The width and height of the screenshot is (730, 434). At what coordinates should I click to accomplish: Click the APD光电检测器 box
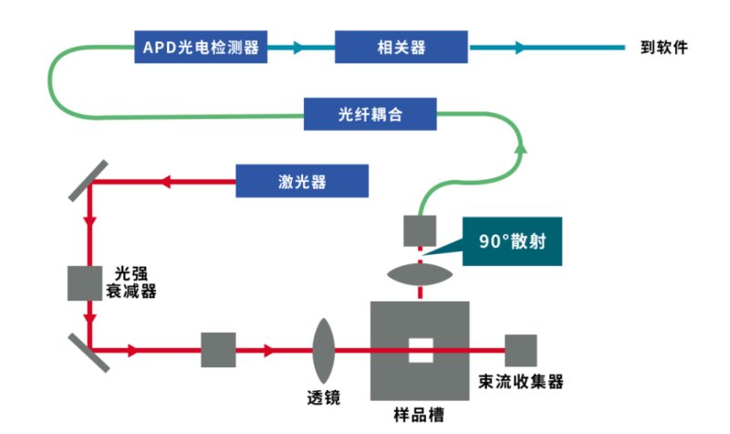(x=202, y=47)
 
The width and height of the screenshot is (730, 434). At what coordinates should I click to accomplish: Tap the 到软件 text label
(x=663, y=47)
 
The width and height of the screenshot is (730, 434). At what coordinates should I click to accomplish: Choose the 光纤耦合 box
(x=370, y=116)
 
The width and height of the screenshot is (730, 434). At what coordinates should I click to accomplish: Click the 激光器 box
(x=302, y=181)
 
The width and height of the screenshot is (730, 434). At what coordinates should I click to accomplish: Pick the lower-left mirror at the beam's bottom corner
(x=89, y=351)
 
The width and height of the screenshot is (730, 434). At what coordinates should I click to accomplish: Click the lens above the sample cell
(x=420, y=274)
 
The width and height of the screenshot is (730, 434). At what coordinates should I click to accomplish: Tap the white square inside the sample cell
(x=420, y=350)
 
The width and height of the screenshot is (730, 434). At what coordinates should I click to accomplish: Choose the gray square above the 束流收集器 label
(x=521, y=350)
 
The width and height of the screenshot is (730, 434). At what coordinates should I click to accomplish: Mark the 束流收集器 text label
(x=521, y=382)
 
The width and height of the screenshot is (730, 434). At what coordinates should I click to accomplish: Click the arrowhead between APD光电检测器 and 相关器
(x=297, y=47)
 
